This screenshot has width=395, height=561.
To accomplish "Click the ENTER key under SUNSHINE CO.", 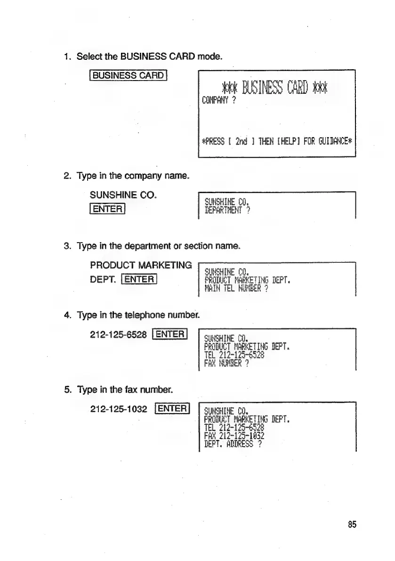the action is pos(107,208).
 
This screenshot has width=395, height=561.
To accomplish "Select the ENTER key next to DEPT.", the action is pos(137,279).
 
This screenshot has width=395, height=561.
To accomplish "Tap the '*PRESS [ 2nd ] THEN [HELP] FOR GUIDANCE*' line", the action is pos(277,140).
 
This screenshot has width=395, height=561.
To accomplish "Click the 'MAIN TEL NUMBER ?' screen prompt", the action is pos(236,290).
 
